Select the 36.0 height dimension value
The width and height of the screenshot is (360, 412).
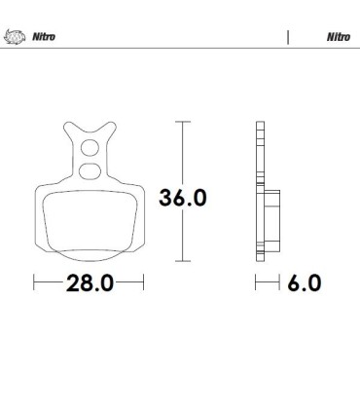click(184, 198)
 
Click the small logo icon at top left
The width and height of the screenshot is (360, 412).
click(14, 38)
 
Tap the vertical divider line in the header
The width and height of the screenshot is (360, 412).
click(288, 38)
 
